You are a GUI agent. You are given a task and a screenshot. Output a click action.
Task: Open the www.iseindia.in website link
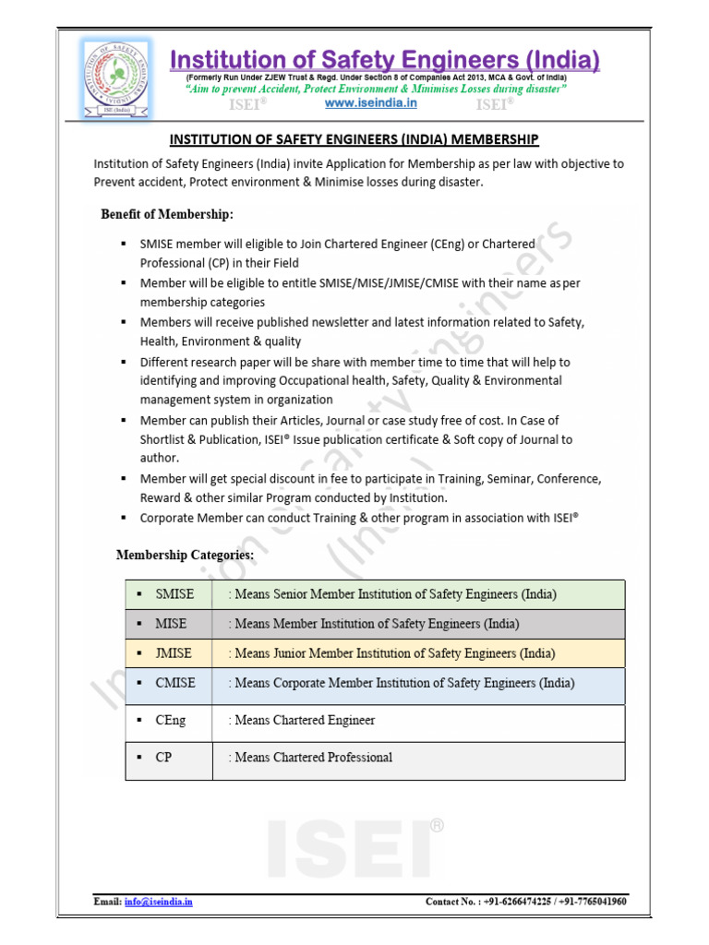pyautogui.click(x=370, y=103)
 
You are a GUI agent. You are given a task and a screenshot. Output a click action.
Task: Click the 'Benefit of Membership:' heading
pyautogui.click(x=167, y=214)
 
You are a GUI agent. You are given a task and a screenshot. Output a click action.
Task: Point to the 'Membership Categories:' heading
pyautogui.click(x=185, y=555)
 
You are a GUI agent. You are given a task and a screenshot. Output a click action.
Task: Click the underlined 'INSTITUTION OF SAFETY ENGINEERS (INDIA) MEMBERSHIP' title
pyautogui.click(x=354, y=139)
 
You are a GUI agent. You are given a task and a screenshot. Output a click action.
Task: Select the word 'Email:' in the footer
pyautogui.click(x=107, y=901)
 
